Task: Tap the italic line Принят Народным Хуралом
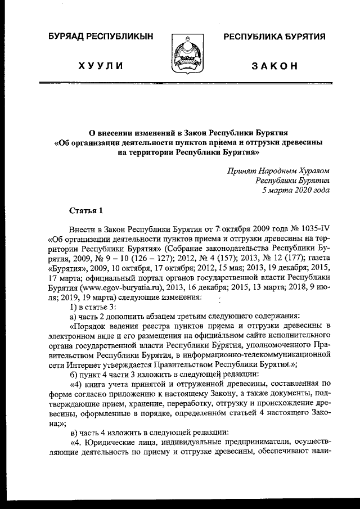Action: (278, 170)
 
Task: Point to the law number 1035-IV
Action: (312, 230)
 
